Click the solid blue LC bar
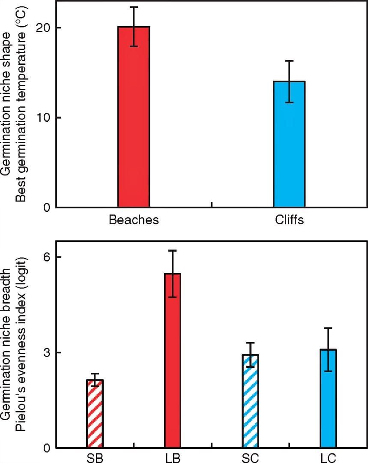[x=328, y=399]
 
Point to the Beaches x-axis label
[x=134, y=220]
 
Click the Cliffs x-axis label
[x=289, y=220]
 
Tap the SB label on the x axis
[x=95, y=458]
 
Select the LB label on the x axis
[x=173, y=458]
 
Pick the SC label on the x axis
[x=250, y=458]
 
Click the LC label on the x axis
[x=328, y=458]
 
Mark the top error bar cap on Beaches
[x=134, y=7]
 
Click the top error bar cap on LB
[x=173, y=250]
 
